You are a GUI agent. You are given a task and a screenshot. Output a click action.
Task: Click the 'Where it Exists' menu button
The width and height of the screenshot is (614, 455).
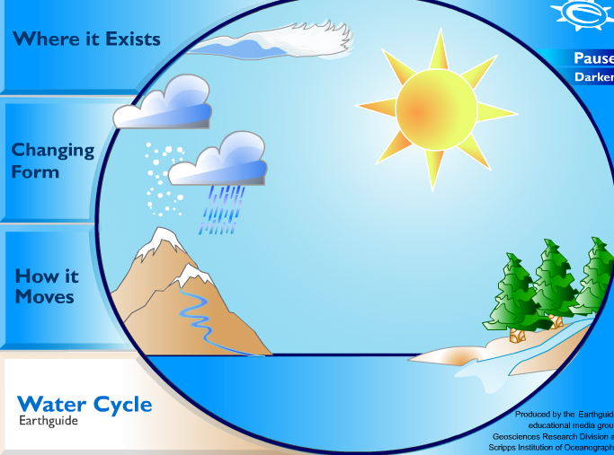(x=85, y=39)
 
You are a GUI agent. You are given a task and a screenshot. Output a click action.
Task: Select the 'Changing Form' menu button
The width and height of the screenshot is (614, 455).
(x=52, y=161)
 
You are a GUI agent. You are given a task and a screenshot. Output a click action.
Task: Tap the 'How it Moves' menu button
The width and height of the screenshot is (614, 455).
(x=45, y=286)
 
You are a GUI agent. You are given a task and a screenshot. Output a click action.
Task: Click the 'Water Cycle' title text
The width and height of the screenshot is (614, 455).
(x=85, y=404)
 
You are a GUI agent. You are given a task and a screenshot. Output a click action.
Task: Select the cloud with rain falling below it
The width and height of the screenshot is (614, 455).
(x=220, y=160)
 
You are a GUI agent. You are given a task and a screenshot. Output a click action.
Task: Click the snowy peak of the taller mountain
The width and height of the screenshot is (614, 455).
(x=163, y=238)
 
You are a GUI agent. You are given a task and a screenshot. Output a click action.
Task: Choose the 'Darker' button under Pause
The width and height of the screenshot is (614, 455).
(x=594, y=77)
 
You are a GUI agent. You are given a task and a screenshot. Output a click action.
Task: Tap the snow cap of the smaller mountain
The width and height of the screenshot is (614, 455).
(x=189, y=274)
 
